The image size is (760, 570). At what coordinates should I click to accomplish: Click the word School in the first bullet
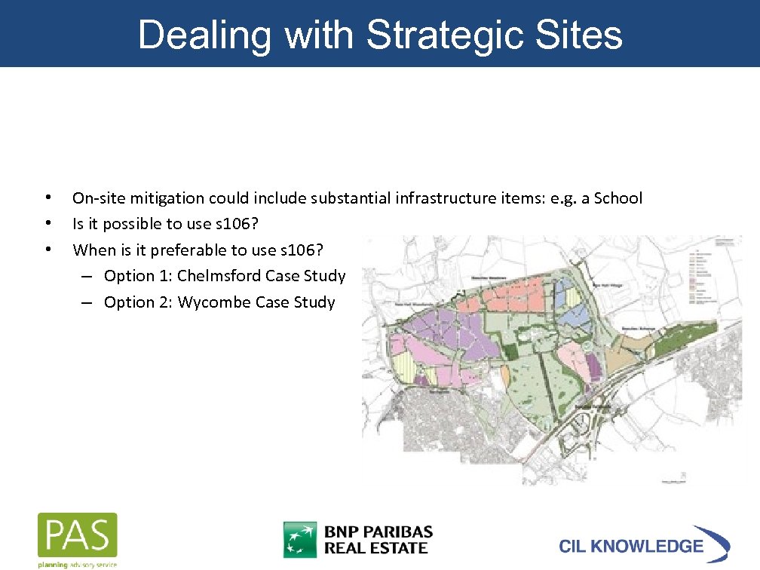tap(618, 198)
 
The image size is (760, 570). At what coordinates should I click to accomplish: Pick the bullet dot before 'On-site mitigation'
tap(48, 198)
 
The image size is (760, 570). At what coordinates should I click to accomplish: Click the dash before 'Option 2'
tap(88, 302)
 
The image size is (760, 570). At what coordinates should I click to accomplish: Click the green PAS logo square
tap(78, 535)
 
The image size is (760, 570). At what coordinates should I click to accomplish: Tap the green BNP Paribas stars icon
tap(300, 540)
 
